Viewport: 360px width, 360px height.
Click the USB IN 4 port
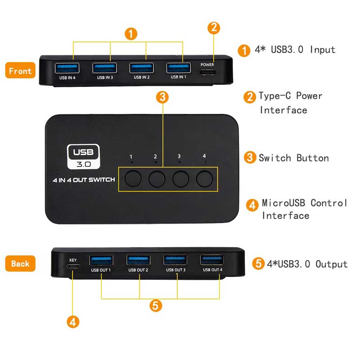pyautogui.click(x=67, y=68)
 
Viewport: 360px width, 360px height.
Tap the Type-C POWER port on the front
pyautogui.click(x=207, y=72)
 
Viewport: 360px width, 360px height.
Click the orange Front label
pyautogui.click(x=20, y=71)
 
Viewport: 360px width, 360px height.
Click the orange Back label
pyautogui.click(x=20, y=264)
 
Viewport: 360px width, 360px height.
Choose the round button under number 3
pyautogui.click(x=180, y=179)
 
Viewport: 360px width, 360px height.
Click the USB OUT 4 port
pyautogui.click(x=212, y=260)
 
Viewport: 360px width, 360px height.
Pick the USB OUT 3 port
pyautogui.click(x=175, y=260)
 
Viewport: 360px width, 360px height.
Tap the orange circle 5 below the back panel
pyautogui.click(x=156, y=306)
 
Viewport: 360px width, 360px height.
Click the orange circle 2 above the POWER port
pyautogui.click(x=214, y=27)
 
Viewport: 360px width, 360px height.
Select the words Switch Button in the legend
pyautogui.click(x=293, y=158)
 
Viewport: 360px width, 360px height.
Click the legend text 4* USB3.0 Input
pyautogui.click(x=295, y=49)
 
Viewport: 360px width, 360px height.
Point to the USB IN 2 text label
pyautogui.click(x=141, y=77)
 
